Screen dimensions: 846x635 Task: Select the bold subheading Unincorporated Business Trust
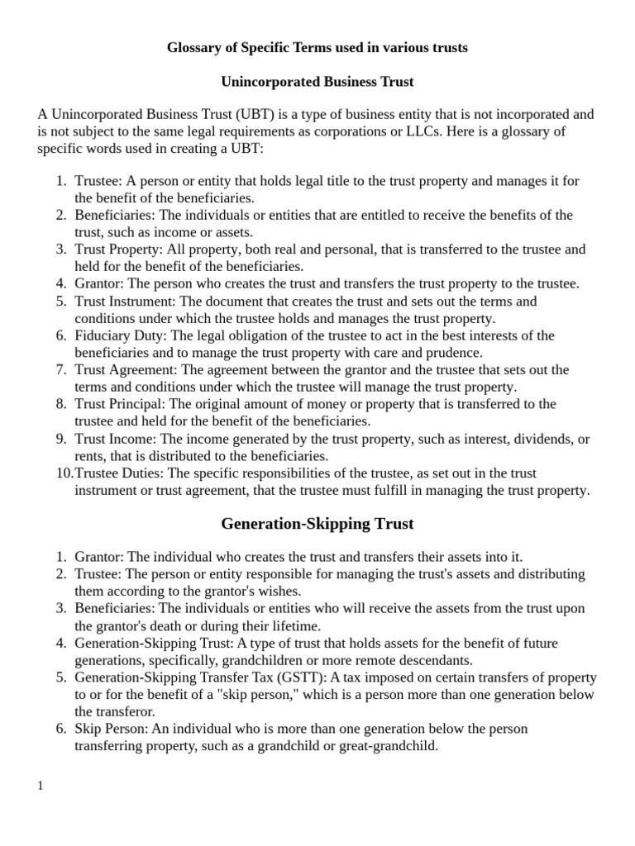coord(317,82)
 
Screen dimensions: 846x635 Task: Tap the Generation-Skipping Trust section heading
coord(317,524)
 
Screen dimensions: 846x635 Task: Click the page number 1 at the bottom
coord(41,785)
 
